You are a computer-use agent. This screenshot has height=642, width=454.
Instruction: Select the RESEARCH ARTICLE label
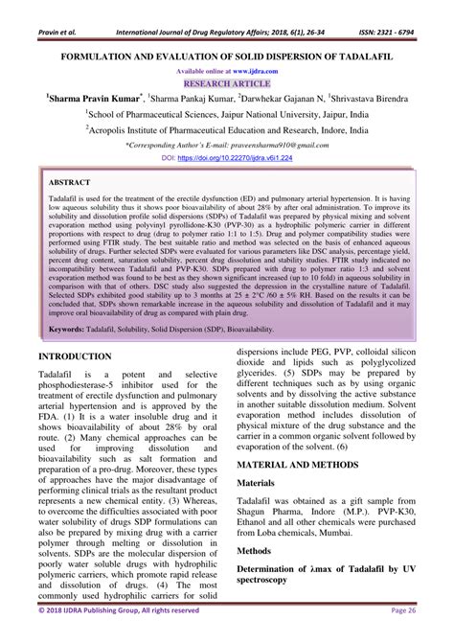coord(226,82)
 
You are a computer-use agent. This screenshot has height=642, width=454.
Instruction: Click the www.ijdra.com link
coord(248,70)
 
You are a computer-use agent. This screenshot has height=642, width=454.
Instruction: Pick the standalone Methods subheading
coord(259,552)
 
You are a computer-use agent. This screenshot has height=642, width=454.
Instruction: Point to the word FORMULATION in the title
coord(108,57)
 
